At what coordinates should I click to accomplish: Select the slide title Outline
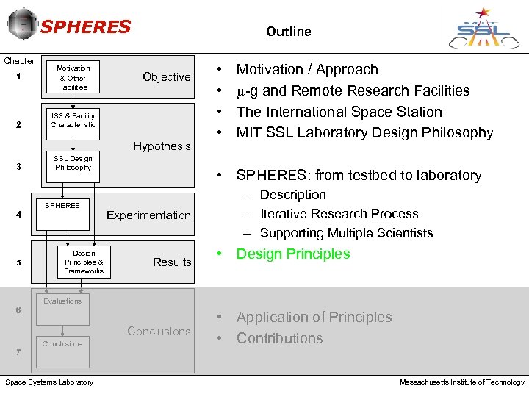288,32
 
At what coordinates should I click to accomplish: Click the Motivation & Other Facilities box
73,77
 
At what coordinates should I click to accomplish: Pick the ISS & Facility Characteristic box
73,120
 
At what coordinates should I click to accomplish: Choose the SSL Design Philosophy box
73,162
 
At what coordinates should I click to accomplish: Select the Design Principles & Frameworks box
83,262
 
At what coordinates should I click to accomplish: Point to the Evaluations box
62,310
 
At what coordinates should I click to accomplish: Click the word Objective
166,77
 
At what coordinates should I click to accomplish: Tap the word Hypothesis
162,146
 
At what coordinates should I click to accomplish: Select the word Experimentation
148,215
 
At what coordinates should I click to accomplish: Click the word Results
172,262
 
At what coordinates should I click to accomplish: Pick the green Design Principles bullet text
292,254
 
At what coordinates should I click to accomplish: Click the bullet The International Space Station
339,112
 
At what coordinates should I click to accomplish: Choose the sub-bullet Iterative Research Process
339,214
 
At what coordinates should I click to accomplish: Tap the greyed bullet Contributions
279,339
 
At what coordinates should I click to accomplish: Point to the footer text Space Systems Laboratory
49,382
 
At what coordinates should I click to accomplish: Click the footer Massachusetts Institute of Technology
461,382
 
